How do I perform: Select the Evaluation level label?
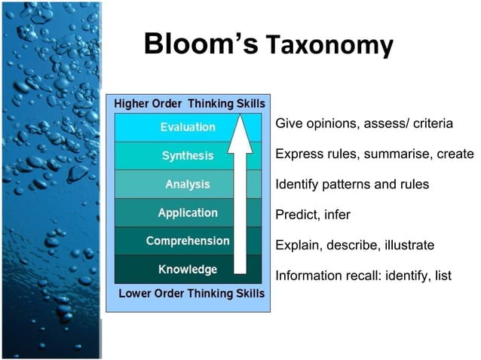[x=188, y=127]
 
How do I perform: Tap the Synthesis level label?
[x=188, y=156]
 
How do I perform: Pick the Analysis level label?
[x=188, y=184]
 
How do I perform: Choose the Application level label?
[x=188, y=213]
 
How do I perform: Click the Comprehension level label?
[x=188, y=241]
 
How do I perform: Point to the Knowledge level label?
[x=188, y=269]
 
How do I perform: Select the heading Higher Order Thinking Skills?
[x=188, y=103]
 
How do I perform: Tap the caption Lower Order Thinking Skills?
[x=191, y=293]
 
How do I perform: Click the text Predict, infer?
[x=313, y=215]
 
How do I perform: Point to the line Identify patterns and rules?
[x=352, y=184]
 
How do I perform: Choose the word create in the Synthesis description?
[x=455, y=154]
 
